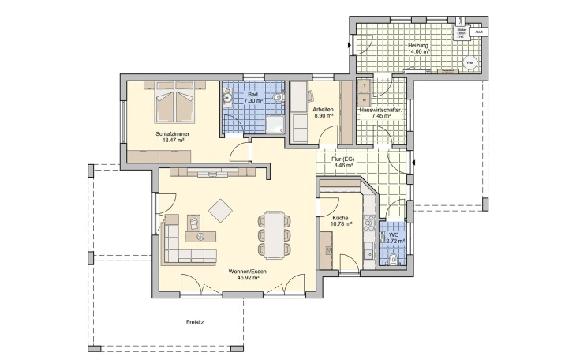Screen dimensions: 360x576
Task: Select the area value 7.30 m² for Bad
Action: pos(253,101)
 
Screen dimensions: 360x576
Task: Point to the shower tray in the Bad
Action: pos(275,124)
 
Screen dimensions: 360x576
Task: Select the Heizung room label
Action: pos(418,46)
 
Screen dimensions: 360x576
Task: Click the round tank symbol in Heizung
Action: pos(469,61)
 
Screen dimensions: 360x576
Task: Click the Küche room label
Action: pos(340,218)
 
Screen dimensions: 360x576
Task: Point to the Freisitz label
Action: pos(195,322)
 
